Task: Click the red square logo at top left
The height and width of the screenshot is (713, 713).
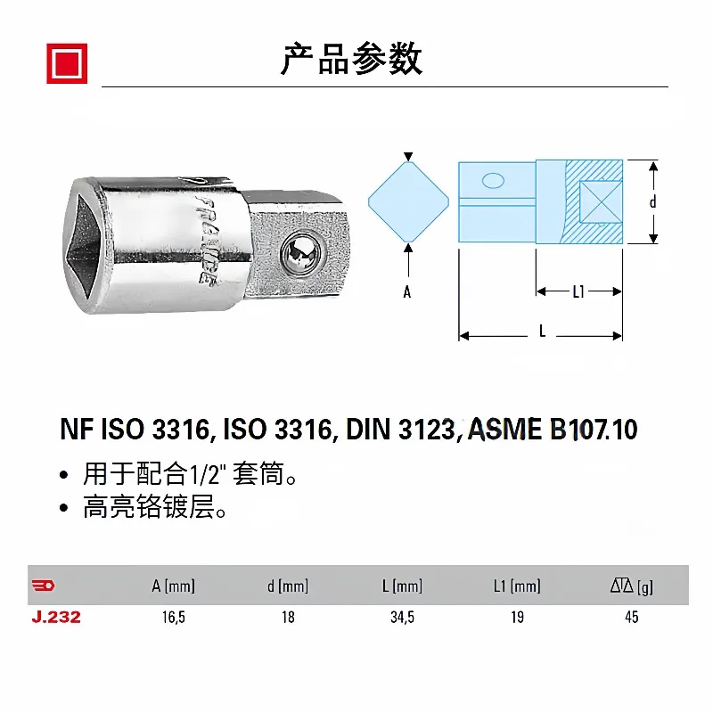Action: coord(67,63)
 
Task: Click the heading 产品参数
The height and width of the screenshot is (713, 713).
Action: coord(351,59)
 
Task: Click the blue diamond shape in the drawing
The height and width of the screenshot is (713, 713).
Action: coord(408,202)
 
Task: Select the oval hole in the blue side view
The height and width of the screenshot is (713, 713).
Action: coord(493,181)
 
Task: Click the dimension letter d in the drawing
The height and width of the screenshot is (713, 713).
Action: coord(653,201)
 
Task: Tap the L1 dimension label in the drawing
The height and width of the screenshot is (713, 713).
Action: coord(578,291)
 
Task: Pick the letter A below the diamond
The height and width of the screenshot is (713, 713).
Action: coord(407,291)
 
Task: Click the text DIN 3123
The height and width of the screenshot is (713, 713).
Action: coord(400,430)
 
